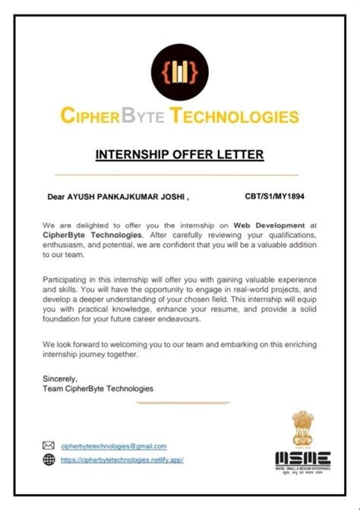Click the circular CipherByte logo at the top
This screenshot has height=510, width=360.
pos(179,72)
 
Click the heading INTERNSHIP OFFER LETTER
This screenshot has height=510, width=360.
pos(179,155)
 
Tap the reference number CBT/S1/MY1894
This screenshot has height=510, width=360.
pos(276,196)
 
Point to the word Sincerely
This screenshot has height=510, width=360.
pos(61,378)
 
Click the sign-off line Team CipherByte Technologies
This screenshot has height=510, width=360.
pos(99,388)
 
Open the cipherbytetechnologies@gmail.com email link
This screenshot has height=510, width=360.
pos(114,446)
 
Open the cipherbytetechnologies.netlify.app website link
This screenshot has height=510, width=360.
pos(122,460)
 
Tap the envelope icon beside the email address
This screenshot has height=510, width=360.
pos(49,446)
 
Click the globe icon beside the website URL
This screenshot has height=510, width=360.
pos(49,460)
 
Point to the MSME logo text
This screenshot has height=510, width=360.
pos(303,458)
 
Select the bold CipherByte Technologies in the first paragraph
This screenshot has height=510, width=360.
pos(85,236)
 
